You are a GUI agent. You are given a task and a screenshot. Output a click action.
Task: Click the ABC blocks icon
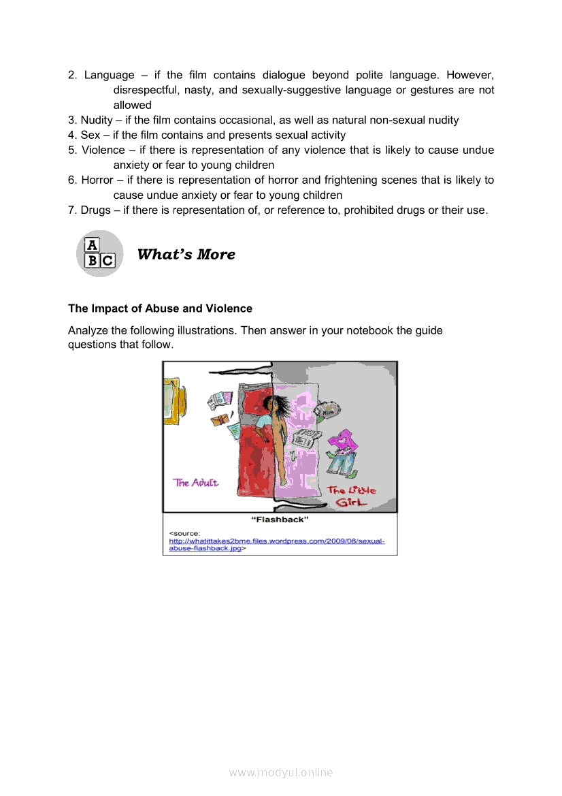click(x=99, y=253)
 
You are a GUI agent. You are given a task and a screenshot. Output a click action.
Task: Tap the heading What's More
click(x=186, y=255)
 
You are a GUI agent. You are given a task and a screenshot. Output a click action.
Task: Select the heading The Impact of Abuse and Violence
click(x=160, y=308)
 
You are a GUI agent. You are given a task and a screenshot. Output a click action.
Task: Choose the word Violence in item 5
click(x=103, y=150)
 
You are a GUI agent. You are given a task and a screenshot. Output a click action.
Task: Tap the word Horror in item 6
click(x=97, y=180)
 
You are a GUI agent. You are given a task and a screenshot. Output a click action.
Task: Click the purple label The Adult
click(x=196, y=483)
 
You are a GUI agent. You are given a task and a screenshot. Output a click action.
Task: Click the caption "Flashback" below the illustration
click(x=280, y=520)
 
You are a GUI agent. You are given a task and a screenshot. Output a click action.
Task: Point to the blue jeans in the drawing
click(x=342, y=465)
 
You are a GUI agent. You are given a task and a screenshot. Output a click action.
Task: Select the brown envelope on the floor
click(x=220, y=419)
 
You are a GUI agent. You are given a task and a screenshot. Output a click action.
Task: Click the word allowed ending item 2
click(x=132, y=105)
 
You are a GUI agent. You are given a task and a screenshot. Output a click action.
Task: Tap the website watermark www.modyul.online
click(x=281, y=772)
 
